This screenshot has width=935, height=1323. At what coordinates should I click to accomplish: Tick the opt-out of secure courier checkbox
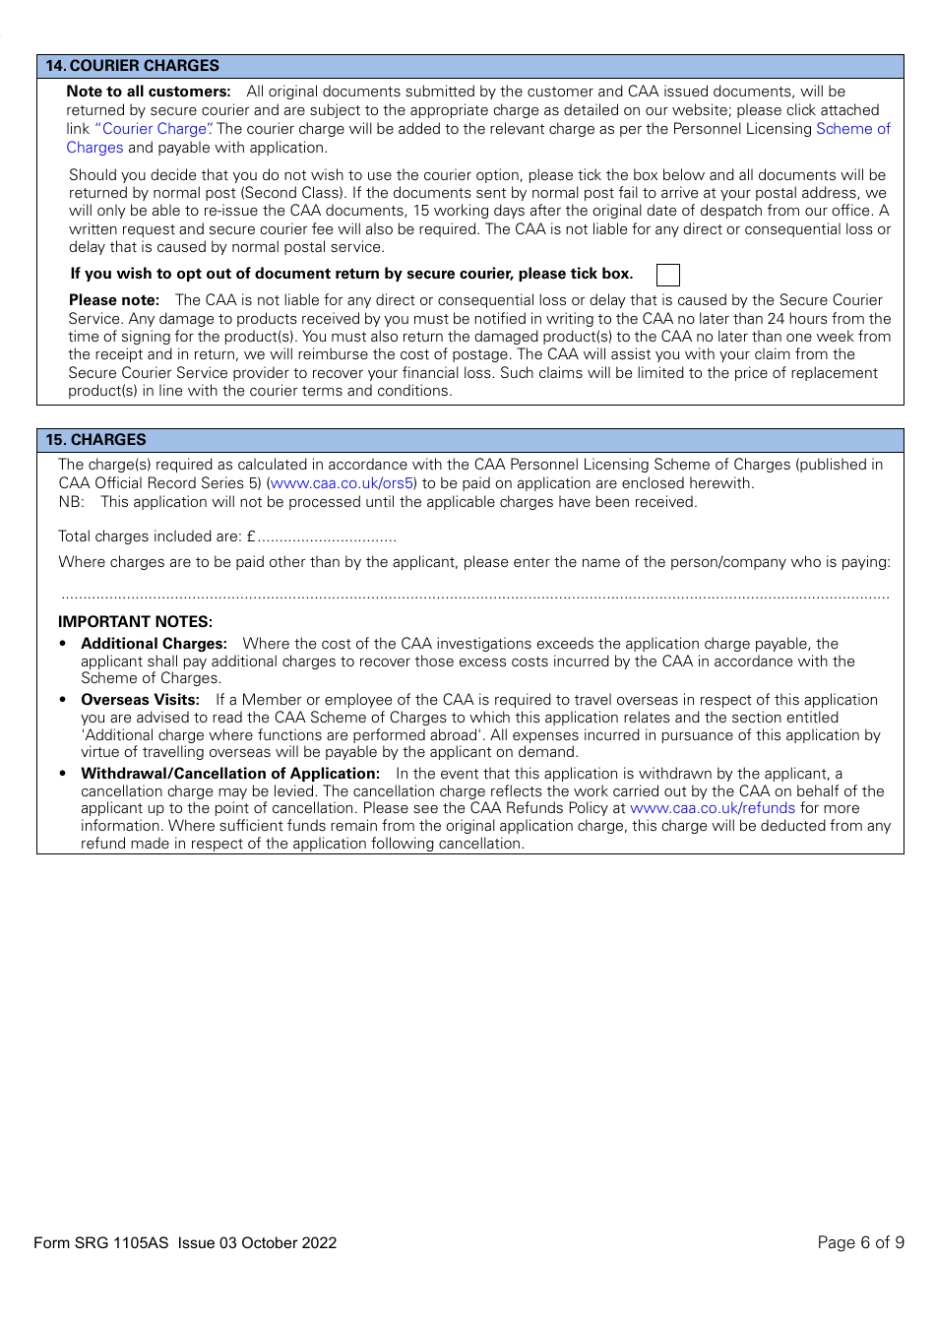click(x=667, y=275)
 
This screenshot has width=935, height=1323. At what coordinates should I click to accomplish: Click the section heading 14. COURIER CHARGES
click(x=133, y=66)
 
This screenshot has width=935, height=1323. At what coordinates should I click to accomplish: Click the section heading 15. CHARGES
click(x=96, y=440)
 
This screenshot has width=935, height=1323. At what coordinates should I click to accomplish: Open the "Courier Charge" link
click(x=154, y=129)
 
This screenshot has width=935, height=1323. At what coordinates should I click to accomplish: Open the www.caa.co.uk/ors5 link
click(x=342, y=483)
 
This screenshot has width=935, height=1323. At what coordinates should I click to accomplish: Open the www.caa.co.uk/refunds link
click(x=712, y=808)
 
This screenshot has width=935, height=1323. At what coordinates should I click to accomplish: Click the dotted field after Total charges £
click(x=327, y=537)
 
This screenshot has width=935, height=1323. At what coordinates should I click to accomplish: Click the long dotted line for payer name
click(x=474, y=596)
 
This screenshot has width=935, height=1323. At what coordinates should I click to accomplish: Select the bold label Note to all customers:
click(x=149, y=92)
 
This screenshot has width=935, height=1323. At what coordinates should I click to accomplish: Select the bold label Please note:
click(x=114, y=300)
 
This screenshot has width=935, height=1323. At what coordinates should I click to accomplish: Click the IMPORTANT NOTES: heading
click(x=135, y=622)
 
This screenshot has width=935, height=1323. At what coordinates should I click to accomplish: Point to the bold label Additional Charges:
click(x=154, y=644)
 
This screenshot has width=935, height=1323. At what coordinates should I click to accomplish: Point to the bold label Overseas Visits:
click(x=140, y=700)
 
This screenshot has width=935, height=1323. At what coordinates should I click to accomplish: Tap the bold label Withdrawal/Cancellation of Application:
click(x=230, y=774)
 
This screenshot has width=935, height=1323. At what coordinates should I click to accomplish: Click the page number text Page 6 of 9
click(x=860, y=1242)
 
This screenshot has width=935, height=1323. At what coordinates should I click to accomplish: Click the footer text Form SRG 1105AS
click(x=101, y=1242)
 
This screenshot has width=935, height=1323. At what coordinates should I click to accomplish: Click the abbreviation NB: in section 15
click(x=71, y=502)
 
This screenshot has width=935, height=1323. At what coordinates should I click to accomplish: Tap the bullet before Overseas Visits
click(x=63, y=700)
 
